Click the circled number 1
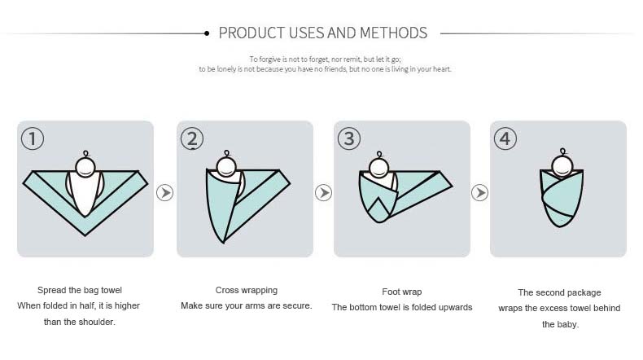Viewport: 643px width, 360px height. pos(33,138)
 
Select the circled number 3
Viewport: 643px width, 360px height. pos(349,138)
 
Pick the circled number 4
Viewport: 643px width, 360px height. pos(505,138)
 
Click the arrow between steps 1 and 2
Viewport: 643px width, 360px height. pos(165,193)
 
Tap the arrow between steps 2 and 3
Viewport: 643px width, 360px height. pos(324,193)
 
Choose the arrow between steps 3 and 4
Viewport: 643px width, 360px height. pos(480,193)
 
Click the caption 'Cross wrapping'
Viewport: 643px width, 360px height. pos(246,290)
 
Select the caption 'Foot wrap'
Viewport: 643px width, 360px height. pos(402,291)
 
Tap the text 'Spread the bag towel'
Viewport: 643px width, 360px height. pos(80,290)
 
